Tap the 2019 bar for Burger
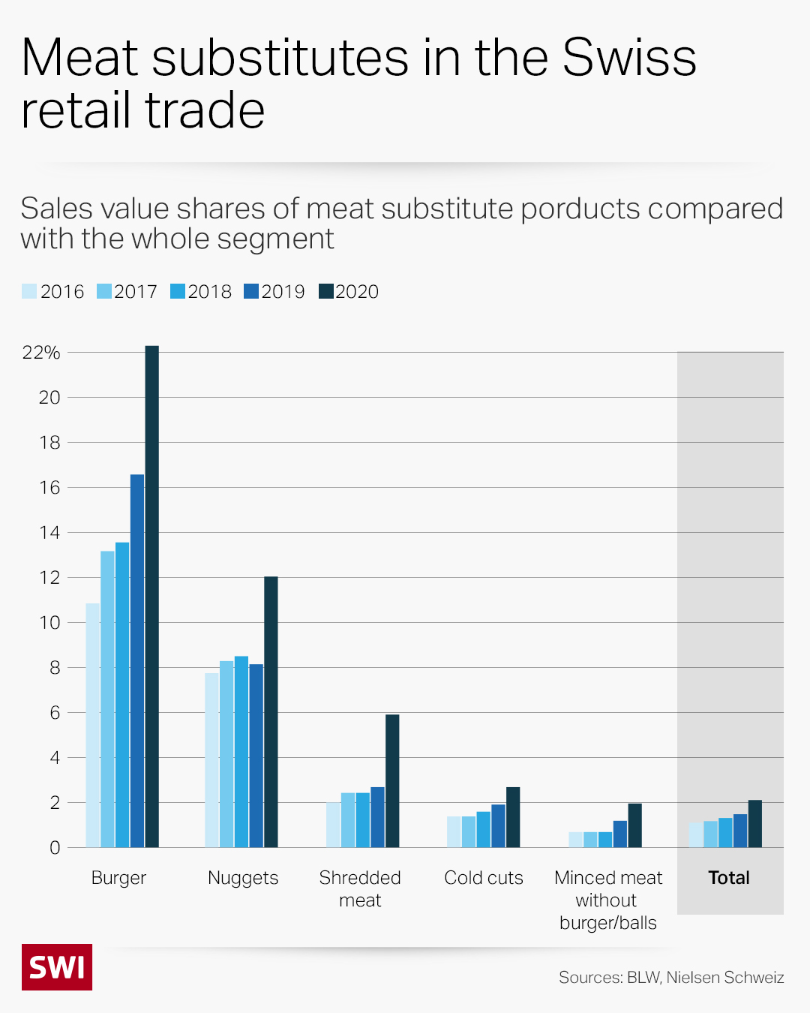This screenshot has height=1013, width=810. [x=137, y=660]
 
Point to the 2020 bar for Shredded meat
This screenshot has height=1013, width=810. [x=392, y=780]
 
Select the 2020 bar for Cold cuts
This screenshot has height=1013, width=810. [x=513, y=817]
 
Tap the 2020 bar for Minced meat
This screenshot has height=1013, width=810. [x=634, y=825]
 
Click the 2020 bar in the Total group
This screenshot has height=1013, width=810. [x=755, y=824]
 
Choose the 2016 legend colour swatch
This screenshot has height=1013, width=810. [x=29, y=291]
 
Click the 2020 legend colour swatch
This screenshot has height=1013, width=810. [x=325, y=291]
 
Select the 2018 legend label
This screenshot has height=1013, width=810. [x=209, y=291]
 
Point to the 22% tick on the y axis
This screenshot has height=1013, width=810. [x=41, y=352]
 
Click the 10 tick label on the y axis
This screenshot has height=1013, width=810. [x=49, y=622]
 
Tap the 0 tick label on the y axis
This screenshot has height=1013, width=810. [x=55, y=847]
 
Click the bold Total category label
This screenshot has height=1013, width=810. [x=729, y=877]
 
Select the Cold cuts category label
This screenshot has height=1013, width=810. [x=484, y=877]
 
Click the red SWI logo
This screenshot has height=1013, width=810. [x=57, y=967]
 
